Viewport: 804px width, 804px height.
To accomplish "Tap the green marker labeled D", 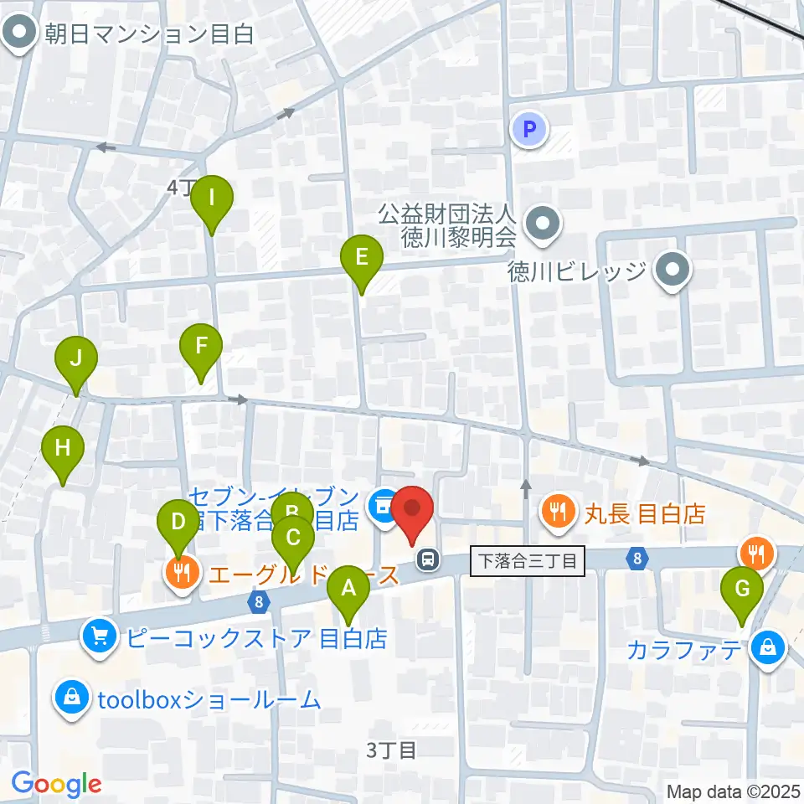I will (178, 523).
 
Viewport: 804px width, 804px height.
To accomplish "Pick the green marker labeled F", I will (201, 347).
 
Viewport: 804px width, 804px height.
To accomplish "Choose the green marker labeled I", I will (212, 199).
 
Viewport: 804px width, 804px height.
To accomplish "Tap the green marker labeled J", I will (76, 360).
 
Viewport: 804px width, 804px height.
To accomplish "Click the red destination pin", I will (412, 510).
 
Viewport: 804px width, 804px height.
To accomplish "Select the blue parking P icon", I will (528, 129).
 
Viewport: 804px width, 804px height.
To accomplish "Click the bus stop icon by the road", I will (428, 558).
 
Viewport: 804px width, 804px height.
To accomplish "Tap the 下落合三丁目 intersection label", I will (527, 560).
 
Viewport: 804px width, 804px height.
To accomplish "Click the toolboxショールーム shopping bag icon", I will (73, 698).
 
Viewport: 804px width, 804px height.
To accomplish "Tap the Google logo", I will (56, 784).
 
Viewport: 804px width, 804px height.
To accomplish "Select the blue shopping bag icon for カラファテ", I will (765, 648).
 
